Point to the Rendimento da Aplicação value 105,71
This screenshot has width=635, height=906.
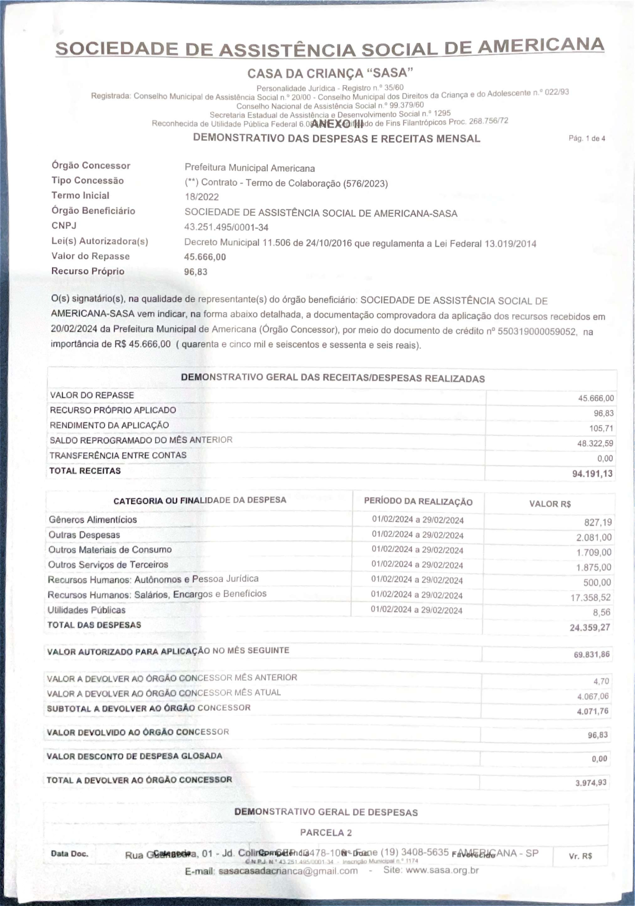point(601,428)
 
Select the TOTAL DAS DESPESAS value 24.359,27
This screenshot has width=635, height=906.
point(589,627)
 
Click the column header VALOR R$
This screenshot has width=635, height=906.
point(549,504)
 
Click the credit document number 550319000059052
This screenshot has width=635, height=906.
point(536,331)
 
